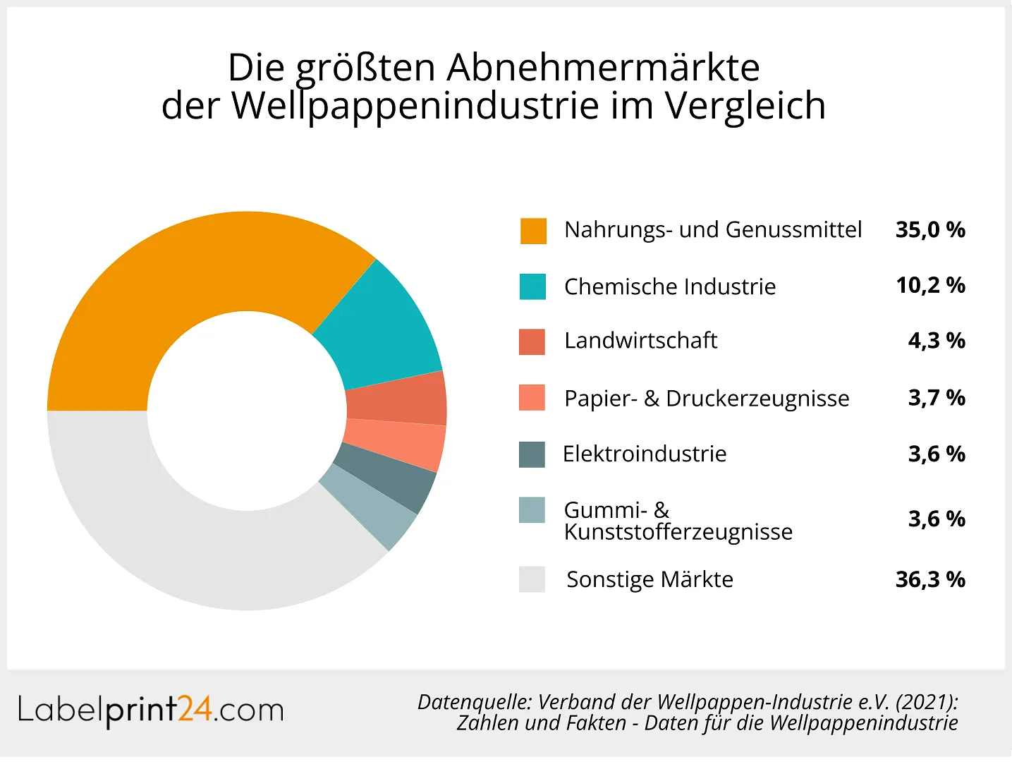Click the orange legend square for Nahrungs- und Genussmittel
(533, 231)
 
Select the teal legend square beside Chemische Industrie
(532, 286)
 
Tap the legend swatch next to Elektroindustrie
(532, 454)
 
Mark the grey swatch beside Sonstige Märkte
(532, 579)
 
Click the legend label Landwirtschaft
(640, 341)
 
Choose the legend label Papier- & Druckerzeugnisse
(707, 399)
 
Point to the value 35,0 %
(930, 230)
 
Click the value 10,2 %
(930, 286)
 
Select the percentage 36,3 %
(930, 580)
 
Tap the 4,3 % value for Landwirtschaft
(937, 341)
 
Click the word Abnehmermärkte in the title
(603, 68)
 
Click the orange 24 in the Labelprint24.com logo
(195, 710)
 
